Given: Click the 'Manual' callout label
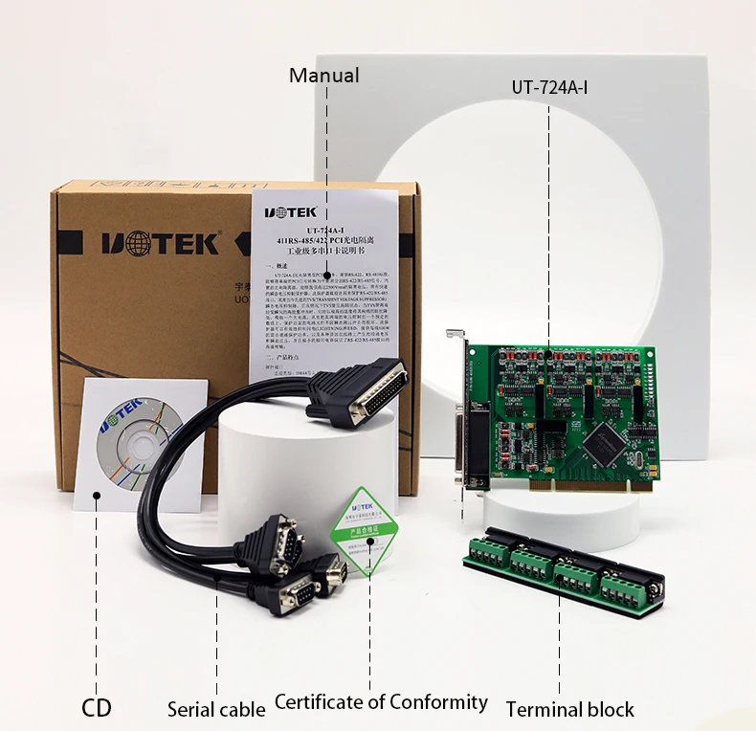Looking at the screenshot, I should pyautogui.click(x=324, y=76).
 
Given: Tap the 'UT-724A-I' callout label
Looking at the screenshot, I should pyautogui.click(x=549, y=87).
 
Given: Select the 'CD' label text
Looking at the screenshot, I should pyautogui.click(x=96, y=708).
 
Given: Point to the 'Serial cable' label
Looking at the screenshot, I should pyautogui.click(x=216, y=709).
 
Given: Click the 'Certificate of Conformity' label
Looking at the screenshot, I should pyautogui.click(x=381, y=702).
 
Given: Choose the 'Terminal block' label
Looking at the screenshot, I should pyautogui.click(x=569, y=709).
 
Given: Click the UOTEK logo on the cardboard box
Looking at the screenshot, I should pyautogui.click(x=160, y=243).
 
